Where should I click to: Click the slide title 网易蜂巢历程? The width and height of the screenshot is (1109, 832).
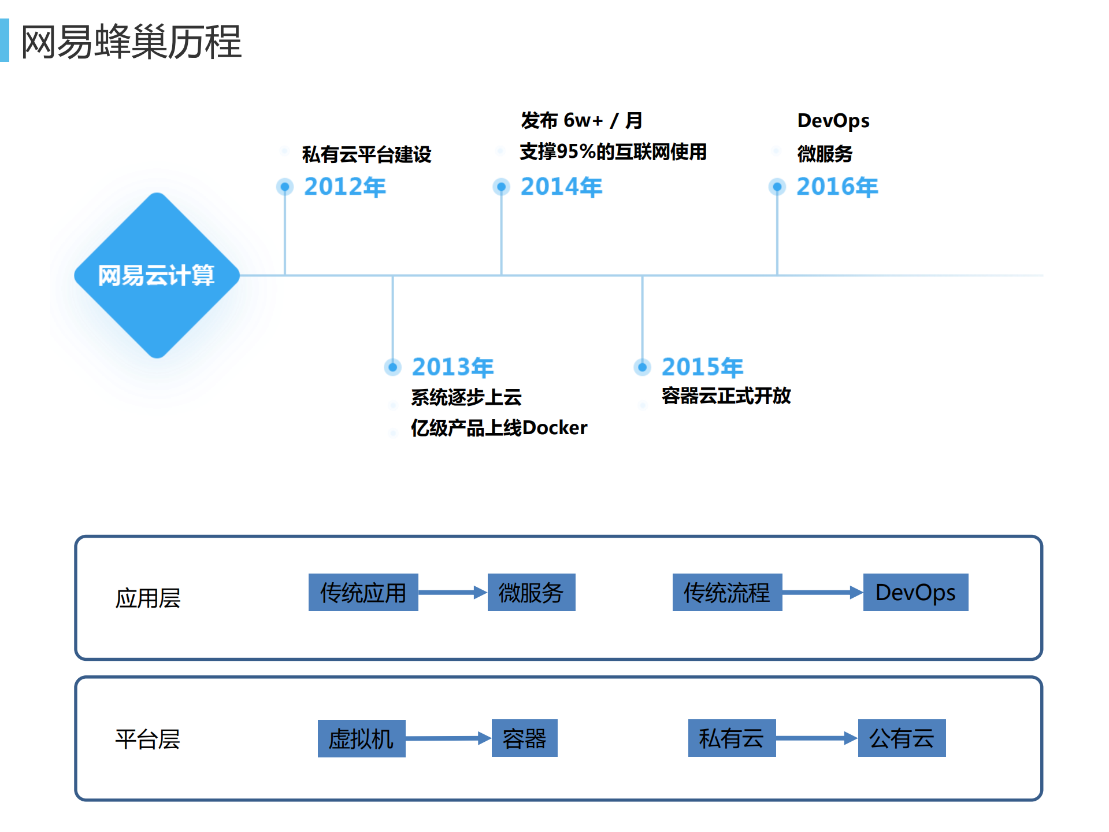[131, 42]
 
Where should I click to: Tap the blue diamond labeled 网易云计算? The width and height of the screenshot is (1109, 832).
[157, 275]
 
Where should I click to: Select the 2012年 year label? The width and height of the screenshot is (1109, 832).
[345, 187]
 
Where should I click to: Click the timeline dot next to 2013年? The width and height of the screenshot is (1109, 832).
[393, 367]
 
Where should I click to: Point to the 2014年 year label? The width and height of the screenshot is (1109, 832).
[561, 187]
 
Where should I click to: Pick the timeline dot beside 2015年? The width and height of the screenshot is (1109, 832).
[642, 367]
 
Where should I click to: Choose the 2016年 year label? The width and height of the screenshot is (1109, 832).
[837, 187]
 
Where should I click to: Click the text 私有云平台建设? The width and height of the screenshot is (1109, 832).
[366, 154]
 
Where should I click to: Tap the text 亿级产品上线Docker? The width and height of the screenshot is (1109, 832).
[499, 428]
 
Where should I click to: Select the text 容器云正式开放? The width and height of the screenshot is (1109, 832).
[726, 396]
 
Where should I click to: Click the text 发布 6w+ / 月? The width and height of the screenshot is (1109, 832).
[581, 120]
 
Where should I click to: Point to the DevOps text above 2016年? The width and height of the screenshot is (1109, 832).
[833, 120]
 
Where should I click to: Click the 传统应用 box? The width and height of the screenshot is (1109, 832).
[363, 592]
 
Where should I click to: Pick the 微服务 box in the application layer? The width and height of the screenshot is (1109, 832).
[531, 592]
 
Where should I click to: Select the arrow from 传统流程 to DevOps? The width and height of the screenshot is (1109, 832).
[822, 592]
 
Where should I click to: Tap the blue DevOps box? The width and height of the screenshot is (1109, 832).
[915, 592]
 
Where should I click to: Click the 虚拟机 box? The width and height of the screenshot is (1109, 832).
[361, 738]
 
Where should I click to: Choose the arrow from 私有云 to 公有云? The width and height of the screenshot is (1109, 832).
[817, 738]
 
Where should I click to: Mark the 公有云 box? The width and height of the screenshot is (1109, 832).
[902, 738]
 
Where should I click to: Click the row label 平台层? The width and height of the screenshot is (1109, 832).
[147, 739]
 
